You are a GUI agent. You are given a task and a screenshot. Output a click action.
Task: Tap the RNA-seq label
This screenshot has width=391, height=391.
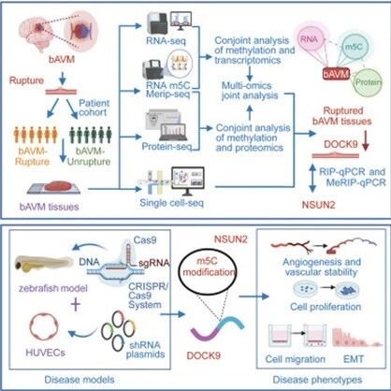(x=166, y=40)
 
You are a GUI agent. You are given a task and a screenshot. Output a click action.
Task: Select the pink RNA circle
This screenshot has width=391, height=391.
(x=309, y=39)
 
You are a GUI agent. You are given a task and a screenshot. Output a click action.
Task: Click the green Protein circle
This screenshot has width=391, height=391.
(x=368, y=82)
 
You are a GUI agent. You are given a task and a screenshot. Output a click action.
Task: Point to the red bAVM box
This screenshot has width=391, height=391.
(x=336, y=75)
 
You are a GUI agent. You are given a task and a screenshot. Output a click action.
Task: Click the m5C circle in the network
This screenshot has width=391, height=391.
(x=354, y=47)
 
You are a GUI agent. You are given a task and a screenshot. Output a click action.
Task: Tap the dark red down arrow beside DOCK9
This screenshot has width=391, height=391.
(x=366, y=142)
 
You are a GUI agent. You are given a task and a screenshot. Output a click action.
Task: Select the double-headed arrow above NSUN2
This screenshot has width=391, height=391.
(x=312, y=179)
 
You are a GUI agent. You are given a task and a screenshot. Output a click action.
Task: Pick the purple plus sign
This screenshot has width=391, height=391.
(x=76, y=305)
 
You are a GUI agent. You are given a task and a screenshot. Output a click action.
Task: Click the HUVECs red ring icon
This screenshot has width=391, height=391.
(x=44, y=327)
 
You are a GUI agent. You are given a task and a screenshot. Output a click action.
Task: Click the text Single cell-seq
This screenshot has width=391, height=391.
(x=171, y=203)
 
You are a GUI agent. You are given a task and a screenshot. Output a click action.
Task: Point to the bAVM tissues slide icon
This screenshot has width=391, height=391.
(x=54, y=187)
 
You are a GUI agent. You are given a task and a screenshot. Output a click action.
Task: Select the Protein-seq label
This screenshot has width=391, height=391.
(x=167, y=146)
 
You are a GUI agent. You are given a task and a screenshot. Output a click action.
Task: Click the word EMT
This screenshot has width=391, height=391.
(x=354, y=359)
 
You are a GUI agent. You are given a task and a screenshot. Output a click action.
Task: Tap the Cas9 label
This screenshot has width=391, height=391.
(x=145, y=240)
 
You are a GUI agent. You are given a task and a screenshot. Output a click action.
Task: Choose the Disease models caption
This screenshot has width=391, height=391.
(x=80, y=380)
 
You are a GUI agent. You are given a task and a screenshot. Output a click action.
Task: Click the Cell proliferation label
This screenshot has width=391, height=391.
(x=326, y=307)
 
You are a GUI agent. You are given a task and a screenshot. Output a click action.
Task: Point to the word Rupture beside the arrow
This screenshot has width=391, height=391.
(x=26, y=80)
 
